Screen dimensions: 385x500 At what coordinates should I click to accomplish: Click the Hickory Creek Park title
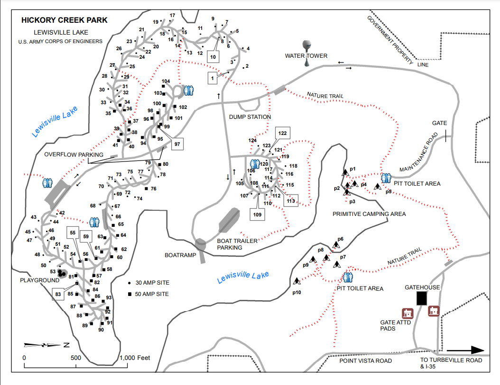tap(65, 20)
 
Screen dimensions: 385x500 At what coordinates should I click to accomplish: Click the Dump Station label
tap(250, 117)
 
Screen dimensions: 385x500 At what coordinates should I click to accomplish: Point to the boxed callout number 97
tap(177, 143)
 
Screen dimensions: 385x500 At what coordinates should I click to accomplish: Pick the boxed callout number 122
tap(283, 133)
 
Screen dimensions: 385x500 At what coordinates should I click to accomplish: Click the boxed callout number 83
tap(58, 294)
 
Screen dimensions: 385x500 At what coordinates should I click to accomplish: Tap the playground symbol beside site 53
tap(62, 273)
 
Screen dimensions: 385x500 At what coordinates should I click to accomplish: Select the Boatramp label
tap(180, 255)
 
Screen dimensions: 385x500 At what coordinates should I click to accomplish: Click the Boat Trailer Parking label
tap(237, 244)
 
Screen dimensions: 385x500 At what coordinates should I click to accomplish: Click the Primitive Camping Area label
tap(369, 214)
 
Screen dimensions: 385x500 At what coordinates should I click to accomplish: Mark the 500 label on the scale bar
tap(76, 358)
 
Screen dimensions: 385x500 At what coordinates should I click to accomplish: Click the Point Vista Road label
tap(366, 361)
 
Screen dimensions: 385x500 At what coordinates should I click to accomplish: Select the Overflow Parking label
tap(74, 155)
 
